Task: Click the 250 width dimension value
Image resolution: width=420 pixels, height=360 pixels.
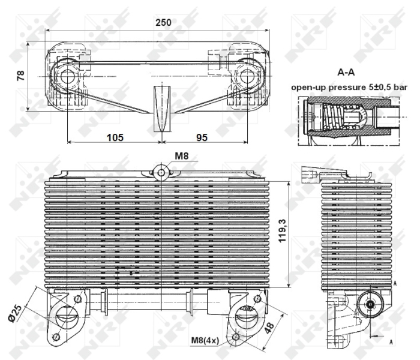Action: point(163,22)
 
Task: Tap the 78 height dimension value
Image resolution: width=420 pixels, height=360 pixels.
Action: point(20,76)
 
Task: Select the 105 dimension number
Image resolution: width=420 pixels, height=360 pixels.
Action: point(115,137)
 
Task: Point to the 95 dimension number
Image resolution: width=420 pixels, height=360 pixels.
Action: point(202,137)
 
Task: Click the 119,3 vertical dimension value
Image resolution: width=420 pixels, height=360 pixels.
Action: point(283,230)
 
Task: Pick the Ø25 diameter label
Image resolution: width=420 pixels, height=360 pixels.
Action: point(15,314)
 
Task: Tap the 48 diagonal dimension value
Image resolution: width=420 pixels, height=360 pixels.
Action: point(269,328)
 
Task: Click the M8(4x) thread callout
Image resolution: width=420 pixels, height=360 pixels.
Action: point(205,341)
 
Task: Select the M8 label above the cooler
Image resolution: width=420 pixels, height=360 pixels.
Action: point(182,156)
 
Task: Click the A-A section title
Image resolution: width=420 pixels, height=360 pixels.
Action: point(346,72)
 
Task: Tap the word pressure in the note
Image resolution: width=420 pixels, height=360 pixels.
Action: point(346,88)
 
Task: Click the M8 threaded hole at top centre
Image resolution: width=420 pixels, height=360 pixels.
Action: point(161,173)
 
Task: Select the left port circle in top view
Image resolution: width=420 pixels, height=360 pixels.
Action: point(68,76)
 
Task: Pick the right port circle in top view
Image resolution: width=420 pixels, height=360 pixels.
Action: point(247,76)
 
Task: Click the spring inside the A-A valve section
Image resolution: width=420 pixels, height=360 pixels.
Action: point(332,117)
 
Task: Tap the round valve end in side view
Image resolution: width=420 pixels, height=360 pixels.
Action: point(371,304)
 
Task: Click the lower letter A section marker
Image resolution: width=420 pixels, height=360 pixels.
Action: point(391,342)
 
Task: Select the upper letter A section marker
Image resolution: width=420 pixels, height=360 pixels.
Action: point(395,283)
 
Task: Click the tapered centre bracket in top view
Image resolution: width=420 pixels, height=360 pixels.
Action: point(162,109)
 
